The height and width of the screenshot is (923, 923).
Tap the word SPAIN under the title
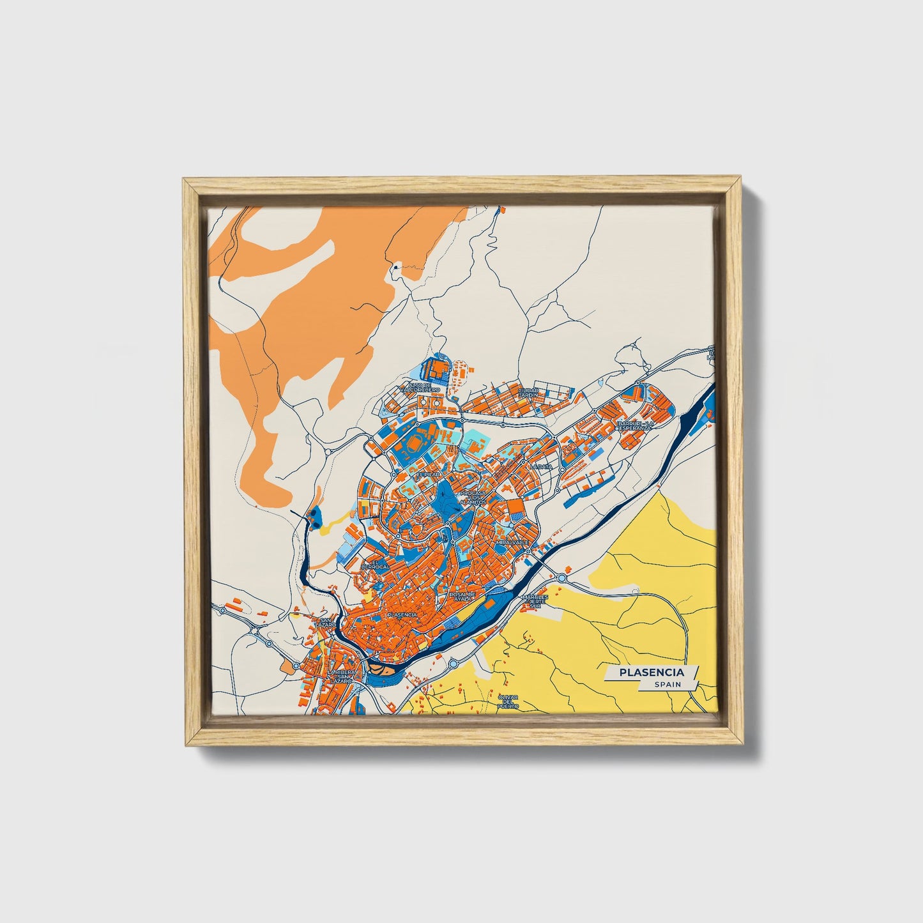coord(667,685)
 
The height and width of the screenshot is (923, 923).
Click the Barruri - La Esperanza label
coord(634,425)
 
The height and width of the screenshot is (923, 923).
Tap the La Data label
coord(540,467)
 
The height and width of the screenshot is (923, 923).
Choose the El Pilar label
coord(428,475)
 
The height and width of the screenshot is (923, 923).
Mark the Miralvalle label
coord(512,541)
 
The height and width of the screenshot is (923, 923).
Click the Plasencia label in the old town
coord(402,614)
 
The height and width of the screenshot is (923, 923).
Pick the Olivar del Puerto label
coord(509,702)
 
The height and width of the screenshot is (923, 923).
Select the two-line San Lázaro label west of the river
coord(326,622)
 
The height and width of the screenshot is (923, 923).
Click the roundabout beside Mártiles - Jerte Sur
coord(562,578)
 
